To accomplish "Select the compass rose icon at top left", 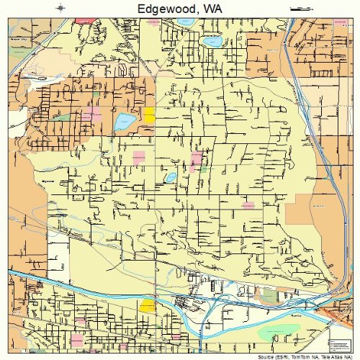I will [60, 8].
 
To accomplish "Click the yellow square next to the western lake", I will [149, 114].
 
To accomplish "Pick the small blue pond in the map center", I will [171, 176].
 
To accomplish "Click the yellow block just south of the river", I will [147, 305].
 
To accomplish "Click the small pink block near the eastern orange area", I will [248, 204].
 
